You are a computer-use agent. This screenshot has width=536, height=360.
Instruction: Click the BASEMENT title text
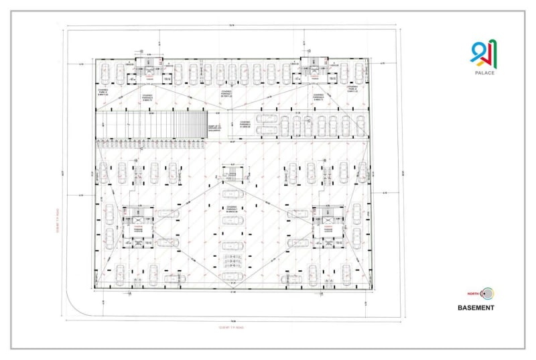476,308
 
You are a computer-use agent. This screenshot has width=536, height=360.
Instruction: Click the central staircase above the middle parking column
230,179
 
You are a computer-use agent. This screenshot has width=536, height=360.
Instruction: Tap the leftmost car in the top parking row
105,71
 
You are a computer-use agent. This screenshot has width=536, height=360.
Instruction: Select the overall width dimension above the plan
232,26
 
